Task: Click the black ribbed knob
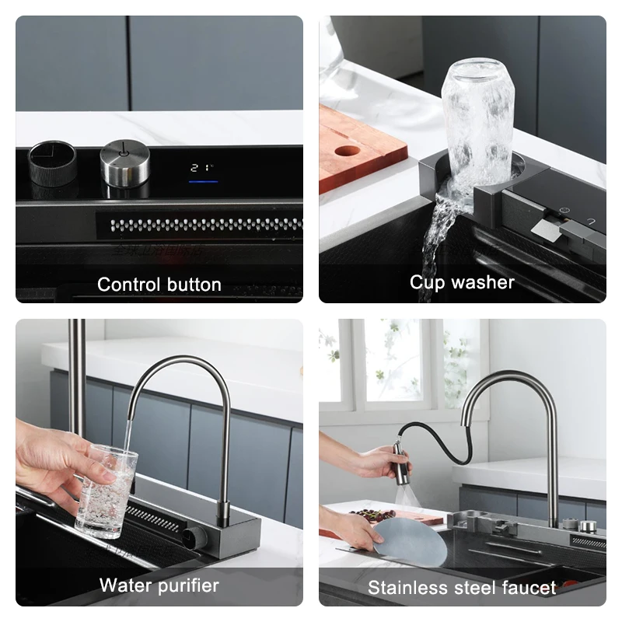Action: pyautogui.click(x=53, y=162)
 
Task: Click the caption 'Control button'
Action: pyautogui.click(x=159, y=285)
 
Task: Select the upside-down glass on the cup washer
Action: pyautogui.click(x=477, y=117)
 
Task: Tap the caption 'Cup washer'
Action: pyautogui.click(x=462, y=282)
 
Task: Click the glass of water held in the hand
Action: pyautogui.click(x=106, y=490)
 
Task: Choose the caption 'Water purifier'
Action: pyautogui.click(x=159, y=585)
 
